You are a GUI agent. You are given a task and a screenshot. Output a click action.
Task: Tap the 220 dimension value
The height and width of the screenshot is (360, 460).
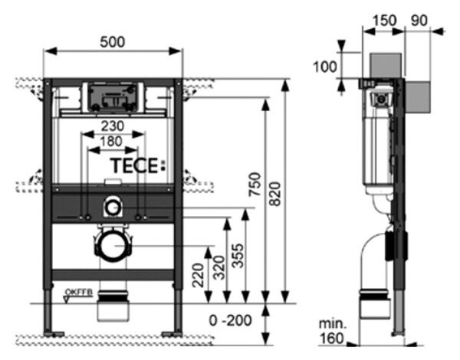[x=199, y=274]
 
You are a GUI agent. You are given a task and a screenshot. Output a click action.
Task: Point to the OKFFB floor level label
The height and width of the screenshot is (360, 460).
[x=78, y=292]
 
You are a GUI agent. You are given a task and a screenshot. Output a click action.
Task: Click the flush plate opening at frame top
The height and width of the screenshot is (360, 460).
[x=113, y=96]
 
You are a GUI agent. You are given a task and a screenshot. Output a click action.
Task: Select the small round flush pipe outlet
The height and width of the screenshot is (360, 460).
[x=113, y=205]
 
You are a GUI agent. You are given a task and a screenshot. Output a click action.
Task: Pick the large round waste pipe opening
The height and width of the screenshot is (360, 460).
[x=113, y=246]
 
